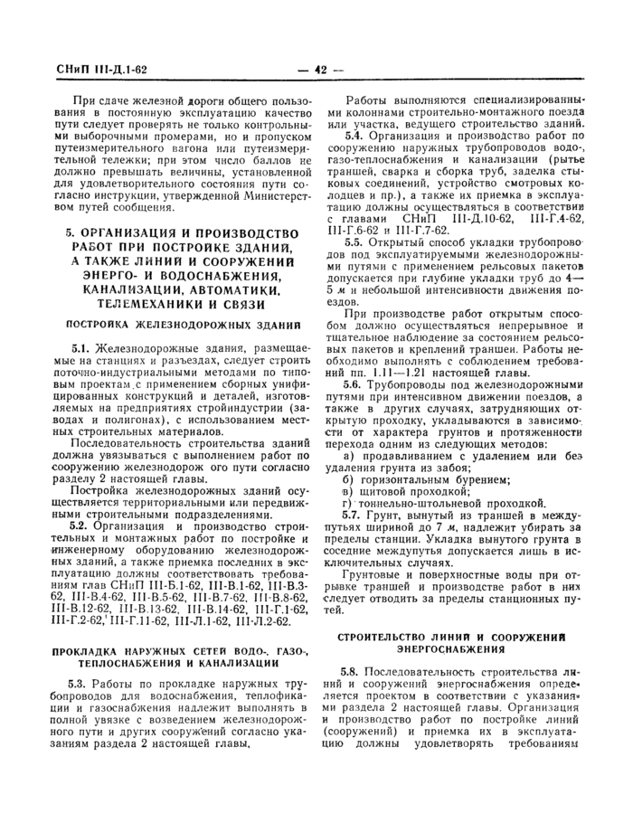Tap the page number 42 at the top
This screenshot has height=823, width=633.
(x=319, y=70)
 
